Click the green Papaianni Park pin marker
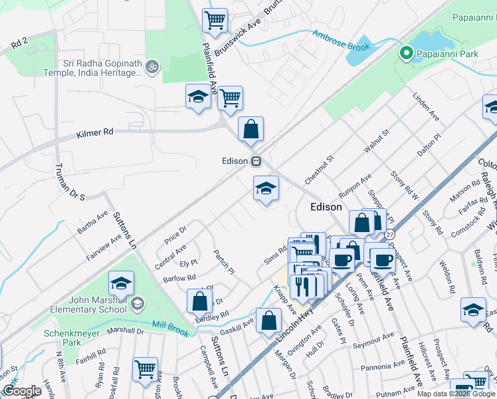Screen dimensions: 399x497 (405, 53)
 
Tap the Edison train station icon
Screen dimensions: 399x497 (256, 162)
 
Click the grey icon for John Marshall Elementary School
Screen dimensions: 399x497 (137, 305)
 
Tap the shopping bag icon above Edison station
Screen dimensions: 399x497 (250, 130)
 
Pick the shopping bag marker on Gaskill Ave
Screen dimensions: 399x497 (268, 321)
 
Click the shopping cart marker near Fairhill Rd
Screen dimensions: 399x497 (145, 368)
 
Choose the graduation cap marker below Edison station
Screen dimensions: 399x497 (266, 189)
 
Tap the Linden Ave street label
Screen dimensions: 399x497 (426, 106)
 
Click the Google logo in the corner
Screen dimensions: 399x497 (21, 391)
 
